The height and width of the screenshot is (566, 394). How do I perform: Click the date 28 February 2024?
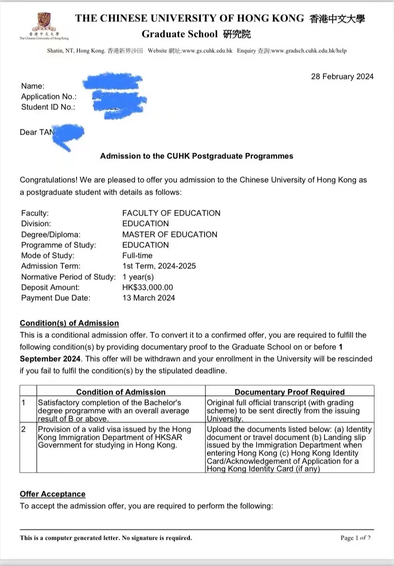click(x=342, y=77)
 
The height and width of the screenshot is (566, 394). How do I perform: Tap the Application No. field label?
click(x=49, y=97)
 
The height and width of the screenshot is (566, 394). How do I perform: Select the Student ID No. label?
click(x=48, y=107)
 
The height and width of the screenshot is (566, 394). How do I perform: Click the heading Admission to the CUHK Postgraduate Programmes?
click(x=197, y=156)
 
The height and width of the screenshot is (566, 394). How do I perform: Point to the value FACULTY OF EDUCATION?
click(x=171, y=213)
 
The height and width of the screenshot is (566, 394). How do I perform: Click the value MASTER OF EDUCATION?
click(x=169, y=234)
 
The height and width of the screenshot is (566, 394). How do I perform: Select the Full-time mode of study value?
click(x=137, y=256)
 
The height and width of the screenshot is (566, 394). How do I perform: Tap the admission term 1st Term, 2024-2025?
click(x=159, y=266)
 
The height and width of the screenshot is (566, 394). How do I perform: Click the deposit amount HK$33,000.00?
click(x=148, y=288)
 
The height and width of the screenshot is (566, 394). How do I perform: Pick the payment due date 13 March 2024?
click(x=148, y=298)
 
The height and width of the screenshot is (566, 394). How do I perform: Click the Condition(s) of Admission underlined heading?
click(x=69, y=323)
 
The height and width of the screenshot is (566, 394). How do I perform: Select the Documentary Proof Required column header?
click(x=289, y=392)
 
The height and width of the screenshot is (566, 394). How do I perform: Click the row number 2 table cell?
click(x=24, y=429)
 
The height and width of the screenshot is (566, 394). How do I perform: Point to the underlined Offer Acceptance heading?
click(x=52, y=494)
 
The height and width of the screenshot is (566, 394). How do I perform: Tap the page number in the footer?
click(x=355, y=538)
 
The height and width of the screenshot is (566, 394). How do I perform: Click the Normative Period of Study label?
click(x=69, y=277)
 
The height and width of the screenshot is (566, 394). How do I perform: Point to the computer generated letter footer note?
click(x=106, y=538)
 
